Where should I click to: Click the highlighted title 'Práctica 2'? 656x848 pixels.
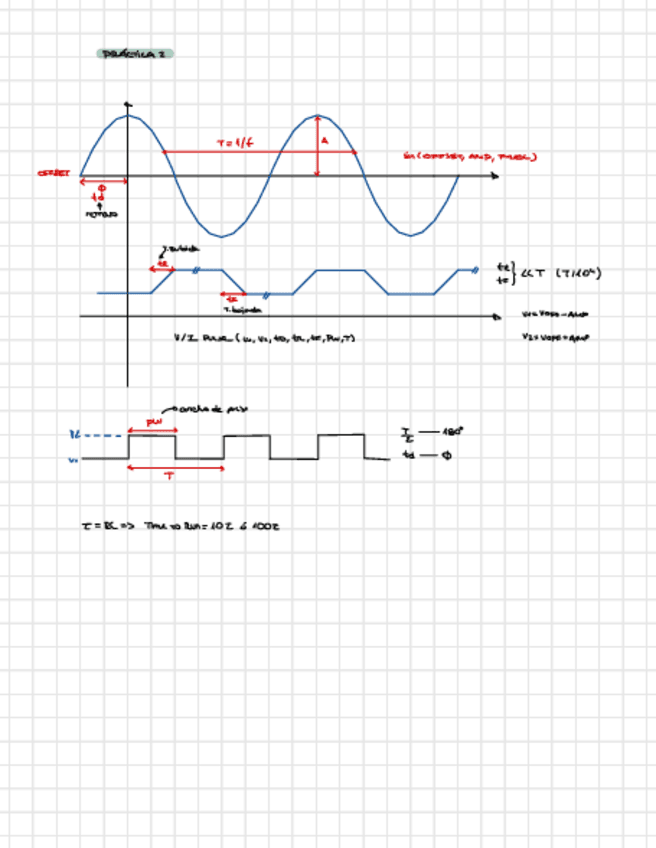(135, 53)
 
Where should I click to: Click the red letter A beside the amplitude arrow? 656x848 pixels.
(324, 141)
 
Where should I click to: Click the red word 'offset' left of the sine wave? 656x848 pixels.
(52, 173)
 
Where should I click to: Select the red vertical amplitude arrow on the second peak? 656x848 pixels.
(317, 146)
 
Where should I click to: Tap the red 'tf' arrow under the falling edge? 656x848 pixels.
(231, 297)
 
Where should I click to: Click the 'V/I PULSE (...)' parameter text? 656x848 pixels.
(264, 338)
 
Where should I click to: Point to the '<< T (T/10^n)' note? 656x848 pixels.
(560, 273)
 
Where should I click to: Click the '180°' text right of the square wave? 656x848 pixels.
(452, 432)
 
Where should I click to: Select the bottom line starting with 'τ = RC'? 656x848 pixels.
(180, 525)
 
